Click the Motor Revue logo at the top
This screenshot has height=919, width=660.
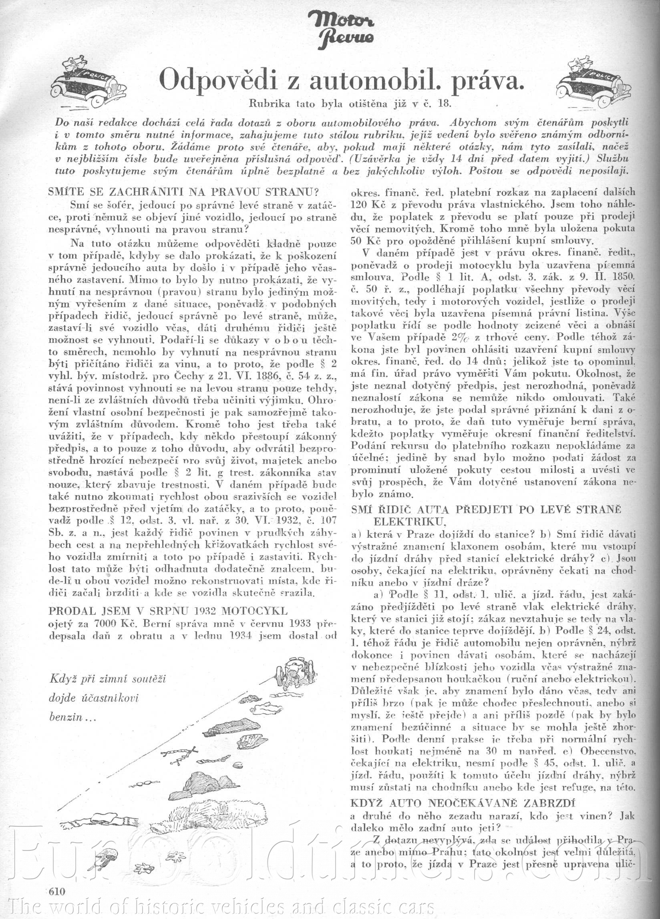[x=341, y=27]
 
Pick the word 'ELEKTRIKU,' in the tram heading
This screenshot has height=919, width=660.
[x=410, y=520]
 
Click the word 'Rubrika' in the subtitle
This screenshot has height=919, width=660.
[x=269, y=103]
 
